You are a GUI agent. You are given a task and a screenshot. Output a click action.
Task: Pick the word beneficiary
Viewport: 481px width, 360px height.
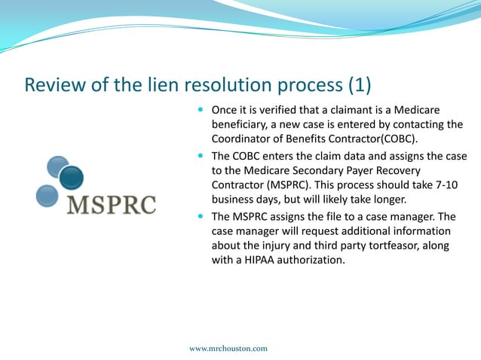tap(242, 126)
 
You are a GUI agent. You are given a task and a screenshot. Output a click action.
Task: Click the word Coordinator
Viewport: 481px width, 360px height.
tap(245, 139)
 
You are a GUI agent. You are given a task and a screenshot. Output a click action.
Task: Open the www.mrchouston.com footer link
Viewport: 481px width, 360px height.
tap(228, 349)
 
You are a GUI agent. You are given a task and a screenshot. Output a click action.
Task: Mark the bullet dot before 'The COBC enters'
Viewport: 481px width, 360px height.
tap(200, 157)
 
